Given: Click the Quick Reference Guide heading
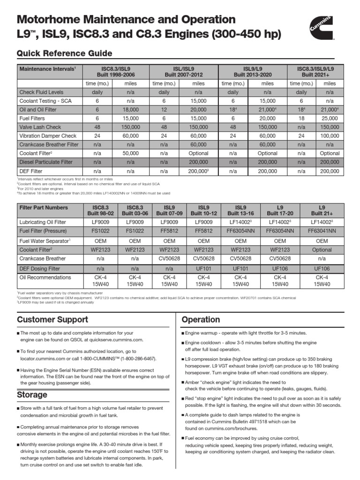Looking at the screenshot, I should point(64,53).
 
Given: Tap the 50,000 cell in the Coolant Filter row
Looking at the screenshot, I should point(131,153).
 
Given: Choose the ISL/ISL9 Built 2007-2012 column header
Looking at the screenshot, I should point(183,72).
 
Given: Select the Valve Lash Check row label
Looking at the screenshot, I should point(40,127).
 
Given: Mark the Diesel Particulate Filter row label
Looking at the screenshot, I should point(46,162).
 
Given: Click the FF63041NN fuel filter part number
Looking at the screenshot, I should point(322,231).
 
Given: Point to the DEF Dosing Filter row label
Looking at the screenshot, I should point(39,269).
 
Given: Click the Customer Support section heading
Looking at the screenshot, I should point(52,320).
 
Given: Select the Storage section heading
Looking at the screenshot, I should point(32,395).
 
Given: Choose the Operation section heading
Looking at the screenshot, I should point(201,320).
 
